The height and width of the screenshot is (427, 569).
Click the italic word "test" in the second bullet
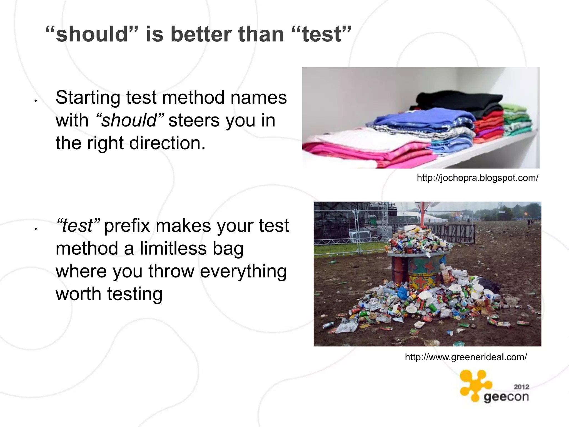(78, 225)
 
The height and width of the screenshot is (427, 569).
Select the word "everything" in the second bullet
(243, 271)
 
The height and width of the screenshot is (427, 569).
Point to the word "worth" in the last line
(79, 294)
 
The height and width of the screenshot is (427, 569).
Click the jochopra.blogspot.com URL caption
(477, 178)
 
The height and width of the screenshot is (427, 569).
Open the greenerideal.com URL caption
(466, 357)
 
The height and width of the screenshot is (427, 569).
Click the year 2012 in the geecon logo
(521, 387)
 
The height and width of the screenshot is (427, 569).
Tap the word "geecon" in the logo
(506, 397)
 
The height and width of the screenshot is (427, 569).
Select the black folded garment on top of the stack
(458, 101)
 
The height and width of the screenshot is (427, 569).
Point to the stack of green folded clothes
(517, 120)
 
